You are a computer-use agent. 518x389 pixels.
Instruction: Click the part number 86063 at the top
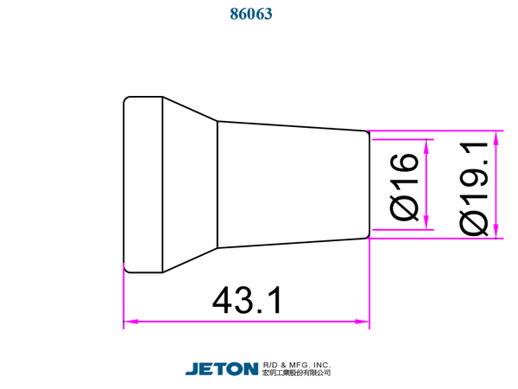point(251,14)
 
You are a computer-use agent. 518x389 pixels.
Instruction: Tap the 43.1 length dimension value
point(247,300)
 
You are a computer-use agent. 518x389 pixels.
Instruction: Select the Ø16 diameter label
point(404,187)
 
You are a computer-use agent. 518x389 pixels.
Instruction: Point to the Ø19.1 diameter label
point(473,188)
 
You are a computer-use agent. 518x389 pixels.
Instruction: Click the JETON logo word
point(222,369)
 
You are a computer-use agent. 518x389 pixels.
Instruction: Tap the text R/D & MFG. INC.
point(297,365)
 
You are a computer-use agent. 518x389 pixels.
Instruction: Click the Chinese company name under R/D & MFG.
point(297,373)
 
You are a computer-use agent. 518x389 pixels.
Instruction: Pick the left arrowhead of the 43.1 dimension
point(131,322)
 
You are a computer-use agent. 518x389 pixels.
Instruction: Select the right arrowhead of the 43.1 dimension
point(362,322)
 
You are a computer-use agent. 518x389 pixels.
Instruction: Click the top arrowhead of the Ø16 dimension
point(426,147)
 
